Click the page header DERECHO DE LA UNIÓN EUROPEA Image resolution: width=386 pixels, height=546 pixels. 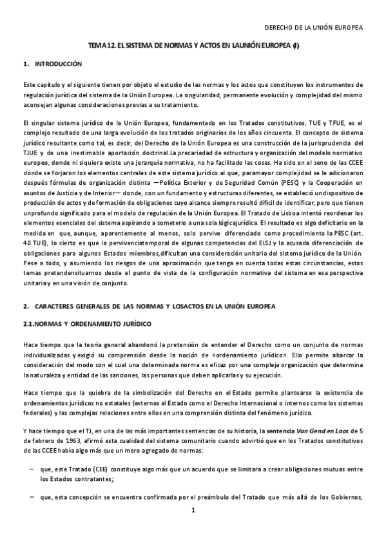point(314,28)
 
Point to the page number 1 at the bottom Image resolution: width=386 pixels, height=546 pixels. point(193,529)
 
